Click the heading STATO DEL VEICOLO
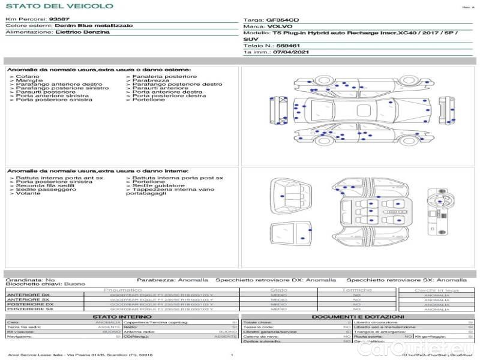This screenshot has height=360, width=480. (x=59, y=6)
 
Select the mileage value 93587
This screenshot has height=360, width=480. (x=59, y=19)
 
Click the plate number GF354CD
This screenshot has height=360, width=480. (x=281, y=20)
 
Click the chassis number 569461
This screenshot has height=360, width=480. (x=287, y=46)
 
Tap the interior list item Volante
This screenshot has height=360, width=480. (x=28, y=194)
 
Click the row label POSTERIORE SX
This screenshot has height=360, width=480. (x=28, y=309)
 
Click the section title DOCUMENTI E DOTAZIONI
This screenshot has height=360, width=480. (x=358, y=316)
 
